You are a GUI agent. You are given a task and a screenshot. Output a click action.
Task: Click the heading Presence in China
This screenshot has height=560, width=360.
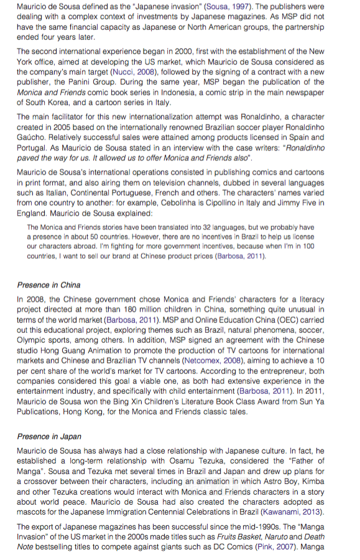pos(48,285)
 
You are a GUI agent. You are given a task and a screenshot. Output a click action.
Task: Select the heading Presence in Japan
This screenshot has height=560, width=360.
pos(50,436)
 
